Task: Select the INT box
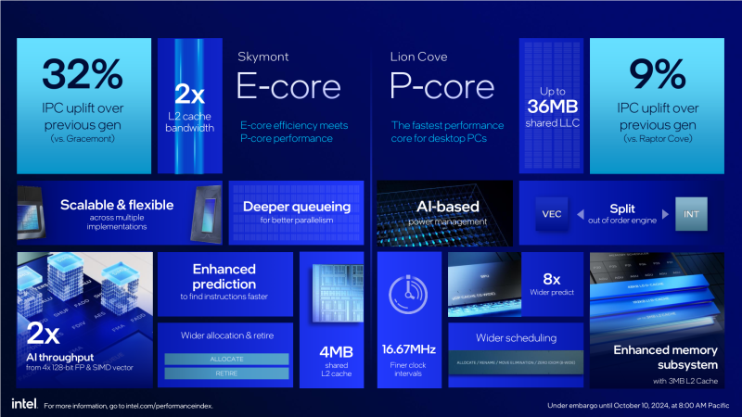click(x=690, y=214)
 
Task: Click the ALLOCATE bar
click(x=226, y=359)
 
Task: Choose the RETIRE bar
click(x=226, y=373)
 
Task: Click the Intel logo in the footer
click(x=23, y=403)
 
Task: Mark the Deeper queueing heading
click(x=296, y=207)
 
